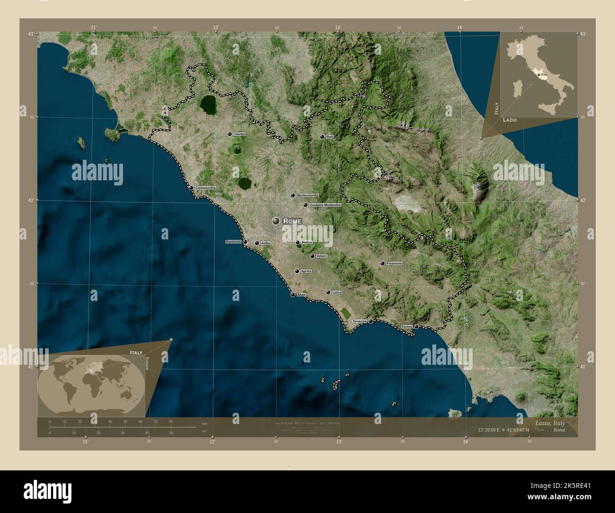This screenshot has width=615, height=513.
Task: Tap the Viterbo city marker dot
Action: click(x=230, y=134)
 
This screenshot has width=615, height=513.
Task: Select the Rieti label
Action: click(x=330, y=137)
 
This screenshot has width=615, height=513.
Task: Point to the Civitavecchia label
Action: click(x=205, y=188)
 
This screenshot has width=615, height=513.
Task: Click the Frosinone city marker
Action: click(x=382, y=263)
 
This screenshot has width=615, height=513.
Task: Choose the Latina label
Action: click(x=337, y=292)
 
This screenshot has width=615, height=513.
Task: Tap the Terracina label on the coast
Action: click(x=360, y=321)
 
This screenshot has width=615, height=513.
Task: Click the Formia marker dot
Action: click(x=416, y=327)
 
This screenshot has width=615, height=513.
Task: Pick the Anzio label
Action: click(x=301, y=295)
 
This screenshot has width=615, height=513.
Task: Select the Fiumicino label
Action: click(x=234, y=242)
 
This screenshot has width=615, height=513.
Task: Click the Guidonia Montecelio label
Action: click(x=325, y=205)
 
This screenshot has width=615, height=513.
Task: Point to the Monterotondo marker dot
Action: click(x=293, y=195)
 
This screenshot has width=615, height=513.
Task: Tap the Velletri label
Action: click(x=322, y=256)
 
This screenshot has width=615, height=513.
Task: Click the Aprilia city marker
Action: click(x=297, y=271)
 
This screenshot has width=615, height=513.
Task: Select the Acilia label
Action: click(x=265, y=243)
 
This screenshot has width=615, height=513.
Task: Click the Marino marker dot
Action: click(x=298, y=242)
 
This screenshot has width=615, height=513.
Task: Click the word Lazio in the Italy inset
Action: click(x=510, y=120)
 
